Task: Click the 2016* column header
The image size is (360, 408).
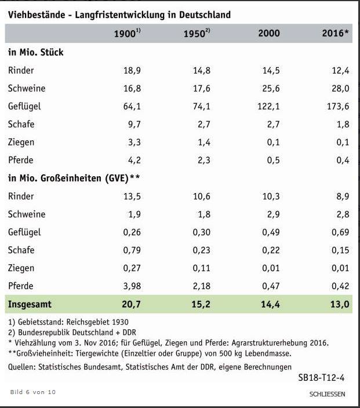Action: click(x=335, y=34)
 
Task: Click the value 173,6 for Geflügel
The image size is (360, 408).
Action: click(x=337, y=107)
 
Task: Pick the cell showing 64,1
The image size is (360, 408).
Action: click(x=130, y=107)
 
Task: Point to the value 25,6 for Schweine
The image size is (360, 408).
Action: click(x=271, y=89)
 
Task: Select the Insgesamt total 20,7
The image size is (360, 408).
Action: click(x=130, y=304)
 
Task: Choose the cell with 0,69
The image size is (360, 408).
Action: click(x=339, y=232)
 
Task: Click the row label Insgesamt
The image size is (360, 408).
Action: click(x=30, y=304)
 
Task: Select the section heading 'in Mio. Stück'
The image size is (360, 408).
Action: click(x=35, y=52)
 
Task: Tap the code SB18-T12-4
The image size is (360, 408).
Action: click(x=321, y=378)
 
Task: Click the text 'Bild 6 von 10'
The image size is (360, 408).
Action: click(x=33, y=392)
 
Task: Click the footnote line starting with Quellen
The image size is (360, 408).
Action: click(x=150, y=367)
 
